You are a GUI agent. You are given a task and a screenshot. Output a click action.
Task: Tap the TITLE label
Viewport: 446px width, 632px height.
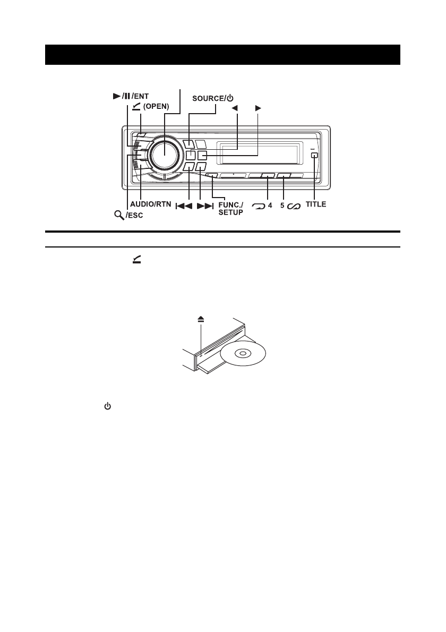[x=316, y=204]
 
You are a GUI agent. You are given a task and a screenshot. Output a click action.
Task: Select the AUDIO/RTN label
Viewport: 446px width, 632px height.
[x=151, y=204]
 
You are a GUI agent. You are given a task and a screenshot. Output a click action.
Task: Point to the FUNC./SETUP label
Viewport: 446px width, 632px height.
[x=231, y=208]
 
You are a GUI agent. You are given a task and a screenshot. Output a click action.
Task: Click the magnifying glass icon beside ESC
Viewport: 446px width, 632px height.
[x=119, y=215]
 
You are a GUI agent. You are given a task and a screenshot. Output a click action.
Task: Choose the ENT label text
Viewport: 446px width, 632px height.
[x=141, y=96]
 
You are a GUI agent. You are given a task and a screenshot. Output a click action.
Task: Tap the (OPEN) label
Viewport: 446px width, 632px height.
[x=156, y=107]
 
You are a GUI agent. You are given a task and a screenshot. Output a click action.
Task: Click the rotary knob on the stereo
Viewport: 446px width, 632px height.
[x=165, y=155]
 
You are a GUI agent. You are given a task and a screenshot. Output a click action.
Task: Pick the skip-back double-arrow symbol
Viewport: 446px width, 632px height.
[x=184, y=207]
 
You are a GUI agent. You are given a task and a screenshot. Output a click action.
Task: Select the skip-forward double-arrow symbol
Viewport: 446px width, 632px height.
[x=204, y=207]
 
